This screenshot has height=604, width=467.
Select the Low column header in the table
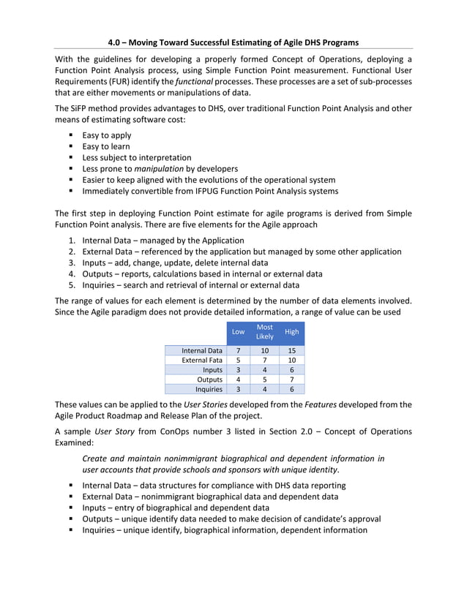point(238,332)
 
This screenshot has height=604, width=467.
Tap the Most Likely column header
point(264,332)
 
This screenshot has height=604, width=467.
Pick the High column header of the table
point(291,332)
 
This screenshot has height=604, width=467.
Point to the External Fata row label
point(202,360)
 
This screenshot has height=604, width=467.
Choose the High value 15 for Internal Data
point(291,351)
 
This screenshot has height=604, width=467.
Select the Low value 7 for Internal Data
point(238,351)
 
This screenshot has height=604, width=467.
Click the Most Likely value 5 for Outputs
point(264,380)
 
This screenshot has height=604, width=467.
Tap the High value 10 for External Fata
point(291,360)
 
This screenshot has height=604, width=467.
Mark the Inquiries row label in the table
point(207,389)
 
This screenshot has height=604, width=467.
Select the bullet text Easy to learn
point(106,146)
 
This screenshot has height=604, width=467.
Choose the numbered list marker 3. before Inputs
point(72,263)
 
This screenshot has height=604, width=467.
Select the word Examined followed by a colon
point(75,443)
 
